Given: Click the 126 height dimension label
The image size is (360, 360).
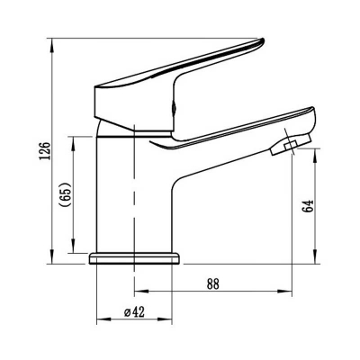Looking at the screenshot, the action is (45, 150).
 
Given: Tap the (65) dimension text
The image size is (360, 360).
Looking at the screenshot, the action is (66, 194).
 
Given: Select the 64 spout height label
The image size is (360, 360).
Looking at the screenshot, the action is (309, 206).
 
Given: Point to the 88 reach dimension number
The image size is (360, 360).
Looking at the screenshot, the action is (213, 283).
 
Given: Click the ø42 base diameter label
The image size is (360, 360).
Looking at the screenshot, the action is (134, 312).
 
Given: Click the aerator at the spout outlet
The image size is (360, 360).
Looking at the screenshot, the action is (291, 144).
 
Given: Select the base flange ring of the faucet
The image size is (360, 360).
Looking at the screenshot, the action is (134, 258).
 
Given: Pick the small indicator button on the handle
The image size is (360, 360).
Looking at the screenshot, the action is (173, 108).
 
